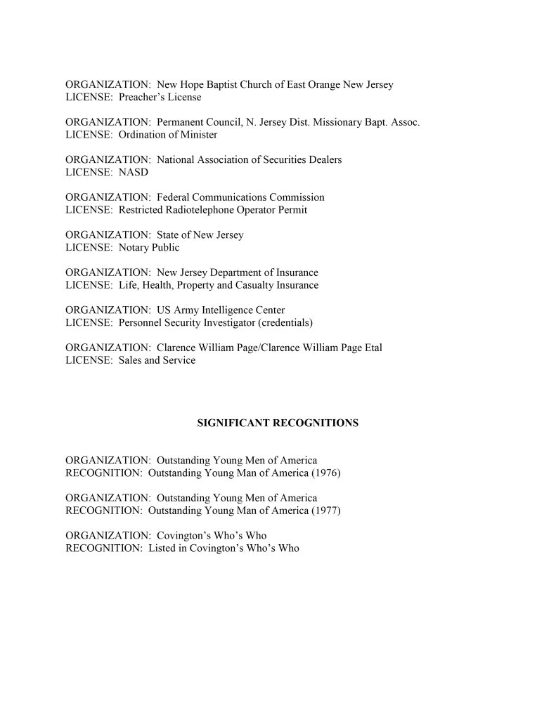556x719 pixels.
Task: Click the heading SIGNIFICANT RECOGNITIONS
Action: (x=278, y=423)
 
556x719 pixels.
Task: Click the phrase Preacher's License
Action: (x=160, y=97)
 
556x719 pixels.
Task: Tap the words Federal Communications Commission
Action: (x=240, y=197)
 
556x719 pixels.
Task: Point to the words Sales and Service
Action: (x=157, y=360)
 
